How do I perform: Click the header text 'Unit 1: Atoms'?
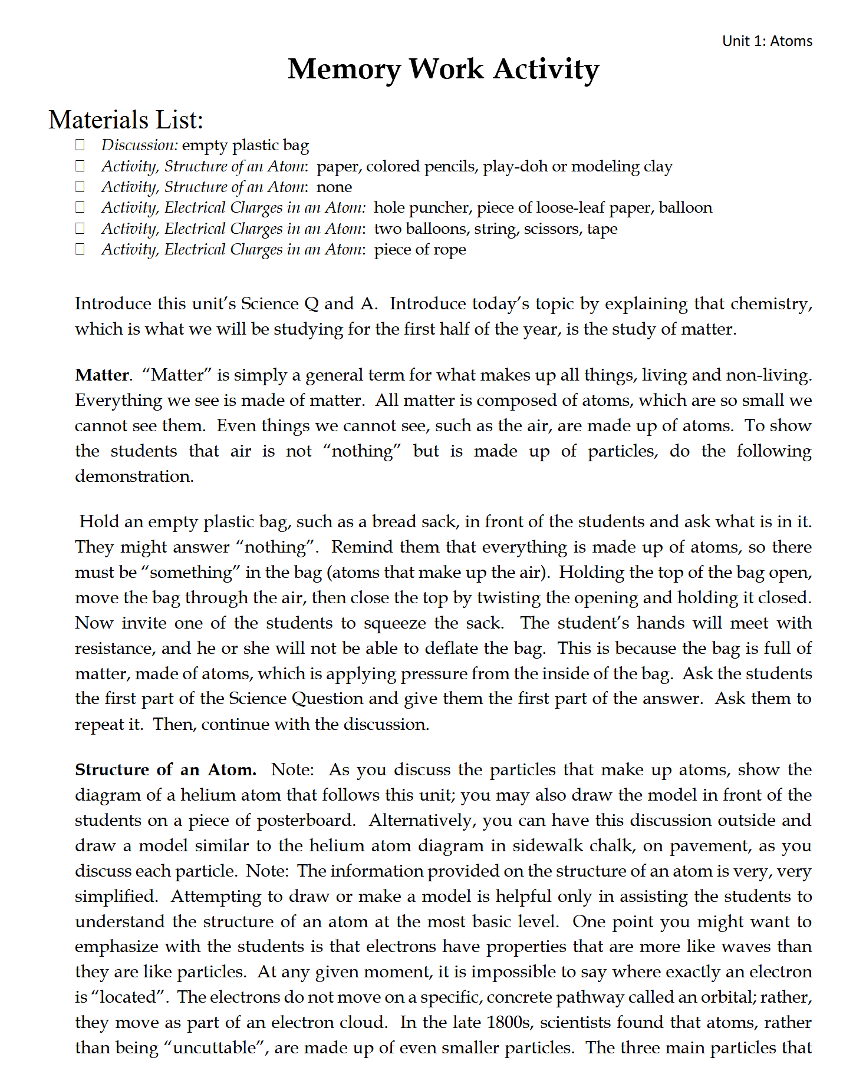point(767,41)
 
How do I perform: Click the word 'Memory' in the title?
point(344,70)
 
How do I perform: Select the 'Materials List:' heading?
point(126,120)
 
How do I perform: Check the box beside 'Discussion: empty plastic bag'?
point(80,145)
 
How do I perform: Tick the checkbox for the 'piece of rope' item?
point(80,249)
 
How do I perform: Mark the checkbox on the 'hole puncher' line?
point(80,207)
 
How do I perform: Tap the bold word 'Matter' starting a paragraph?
point(102,375)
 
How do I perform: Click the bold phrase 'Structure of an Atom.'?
point(166,770)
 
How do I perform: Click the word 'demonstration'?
point(133,477)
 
